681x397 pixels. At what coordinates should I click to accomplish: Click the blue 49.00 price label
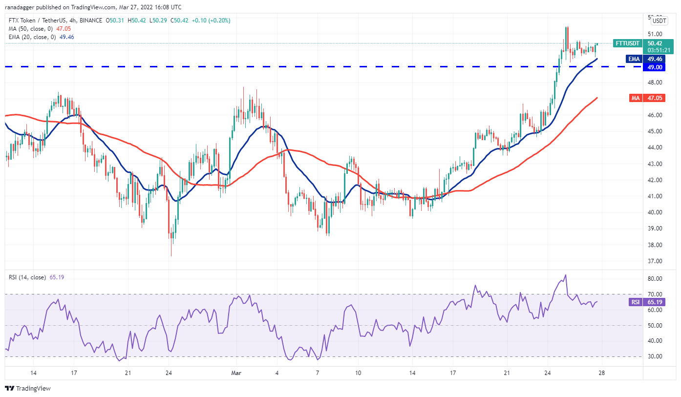[655, 67]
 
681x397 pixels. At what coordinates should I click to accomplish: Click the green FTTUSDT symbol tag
[627, 43]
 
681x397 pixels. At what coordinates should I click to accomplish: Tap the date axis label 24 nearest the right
[548, 373]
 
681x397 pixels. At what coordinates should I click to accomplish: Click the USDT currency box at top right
[660, 21]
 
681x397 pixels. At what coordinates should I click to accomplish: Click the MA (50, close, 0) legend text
[30, 29]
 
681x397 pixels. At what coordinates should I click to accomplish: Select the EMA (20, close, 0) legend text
[32, 37]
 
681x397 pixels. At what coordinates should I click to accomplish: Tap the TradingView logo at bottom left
[28, 389]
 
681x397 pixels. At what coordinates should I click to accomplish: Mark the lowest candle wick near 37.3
[171, 255]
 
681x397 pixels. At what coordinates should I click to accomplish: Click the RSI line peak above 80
[565, 275]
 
